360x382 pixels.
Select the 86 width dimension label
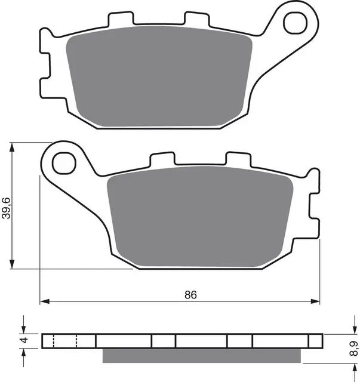pos(190,295)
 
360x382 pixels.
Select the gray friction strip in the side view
pos(201,356)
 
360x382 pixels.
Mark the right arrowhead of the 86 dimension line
pos(315,301)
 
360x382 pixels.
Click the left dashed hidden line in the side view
pos(54,341)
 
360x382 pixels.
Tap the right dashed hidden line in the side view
pos(77,341)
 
